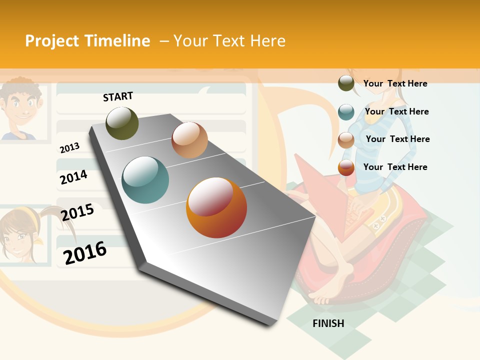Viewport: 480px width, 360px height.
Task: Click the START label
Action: [118, 96]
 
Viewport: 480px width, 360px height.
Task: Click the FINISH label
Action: [328, 323]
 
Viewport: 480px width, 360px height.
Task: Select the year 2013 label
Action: [69, 147]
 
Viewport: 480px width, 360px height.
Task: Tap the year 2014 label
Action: [73, 177]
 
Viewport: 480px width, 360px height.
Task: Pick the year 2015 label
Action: [77, 212]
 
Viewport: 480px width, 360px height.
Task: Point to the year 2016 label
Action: [85, 252]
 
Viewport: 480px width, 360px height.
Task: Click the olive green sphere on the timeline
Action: [122, 123]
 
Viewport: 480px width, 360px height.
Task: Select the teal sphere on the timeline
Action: [145, 180]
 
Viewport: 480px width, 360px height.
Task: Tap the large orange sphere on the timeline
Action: [216, 207]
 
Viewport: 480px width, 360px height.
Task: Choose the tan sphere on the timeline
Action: [189, 140]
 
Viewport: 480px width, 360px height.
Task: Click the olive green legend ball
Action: [346, 83]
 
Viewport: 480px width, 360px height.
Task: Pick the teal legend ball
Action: [346, 112]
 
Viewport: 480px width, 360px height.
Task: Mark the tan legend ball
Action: [346, 140]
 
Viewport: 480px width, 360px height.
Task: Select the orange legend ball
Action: [346, 167]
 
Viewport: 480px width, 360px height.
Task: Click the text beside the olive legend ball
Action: [395, 83]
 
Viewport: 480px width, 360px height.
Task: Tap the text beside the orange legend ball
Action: [395, 167]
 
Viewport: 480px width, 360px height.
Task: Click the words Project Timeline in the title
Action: [87, 41]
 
